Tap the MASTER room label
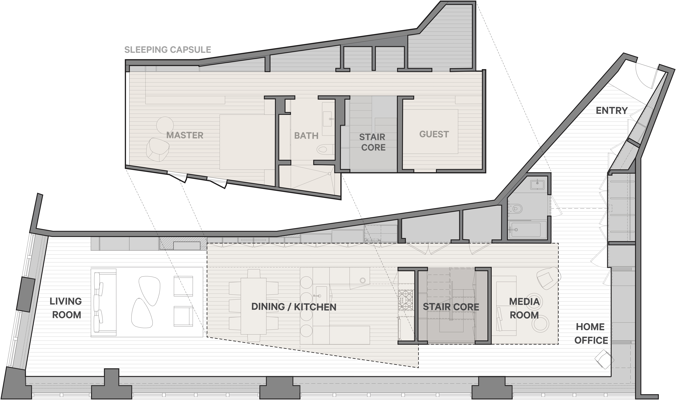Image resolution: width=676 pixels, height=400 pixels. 185,135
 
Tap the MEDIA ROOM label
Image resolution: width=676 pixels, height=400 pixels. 524,308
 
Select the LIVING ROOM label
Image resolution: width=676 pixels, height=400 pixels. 66,308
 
